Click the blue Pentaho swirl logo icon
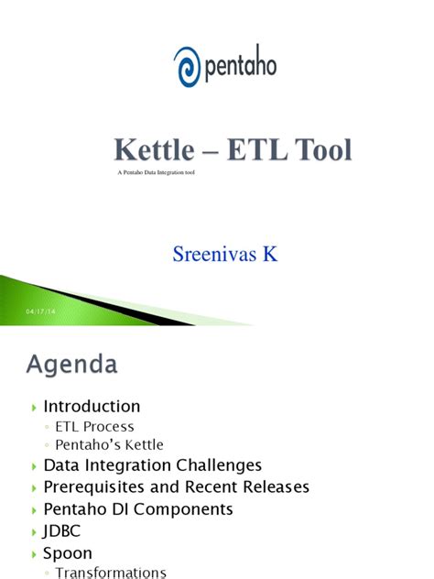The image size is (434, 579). (x=188, y=67)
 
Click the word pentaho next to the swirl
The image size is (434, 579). (x=241, y=64)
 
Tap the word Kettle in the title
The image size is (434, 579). (x=154, y=149)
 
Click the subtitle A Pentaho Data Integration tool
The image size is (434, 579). (x=156, y=172)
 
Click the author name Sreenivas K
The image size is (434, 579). (x=224, y=254)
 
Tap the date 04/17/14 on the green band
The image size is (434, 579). (x=40, y=311)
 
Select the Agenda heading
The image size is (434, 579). (x=72, y=365)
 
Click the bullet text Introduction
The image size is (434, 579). (x=92, y=406)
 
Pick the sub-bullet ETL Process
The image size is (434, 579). (x=94, y=427)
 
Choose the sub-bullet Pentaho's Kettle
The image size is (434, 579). (x=109, y=444)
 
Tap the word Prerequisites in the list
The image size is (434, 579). (x=93, y=487)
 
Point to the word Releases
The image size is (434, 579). (x=276, y=486)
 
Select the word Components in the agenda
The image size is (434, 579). (x=183, y=509)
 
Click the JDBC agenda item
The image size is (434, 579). (x=61, y=531)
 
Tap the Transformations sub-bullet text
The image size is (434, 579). (x=111, y=573)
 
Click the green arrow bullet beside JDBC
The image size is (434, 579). (x=34, y=532)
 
